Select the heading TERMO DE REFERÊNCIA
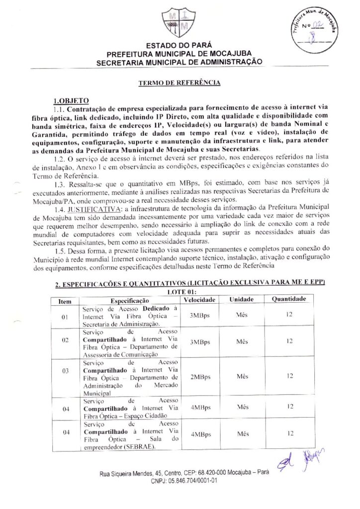[x=179, y=83]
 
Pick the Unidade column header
[x=242, y=300]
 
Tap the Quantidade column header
[x=289, y=299]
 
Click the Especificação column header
[x=130, y=300]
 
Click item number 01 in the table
[x=65, y=316]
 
